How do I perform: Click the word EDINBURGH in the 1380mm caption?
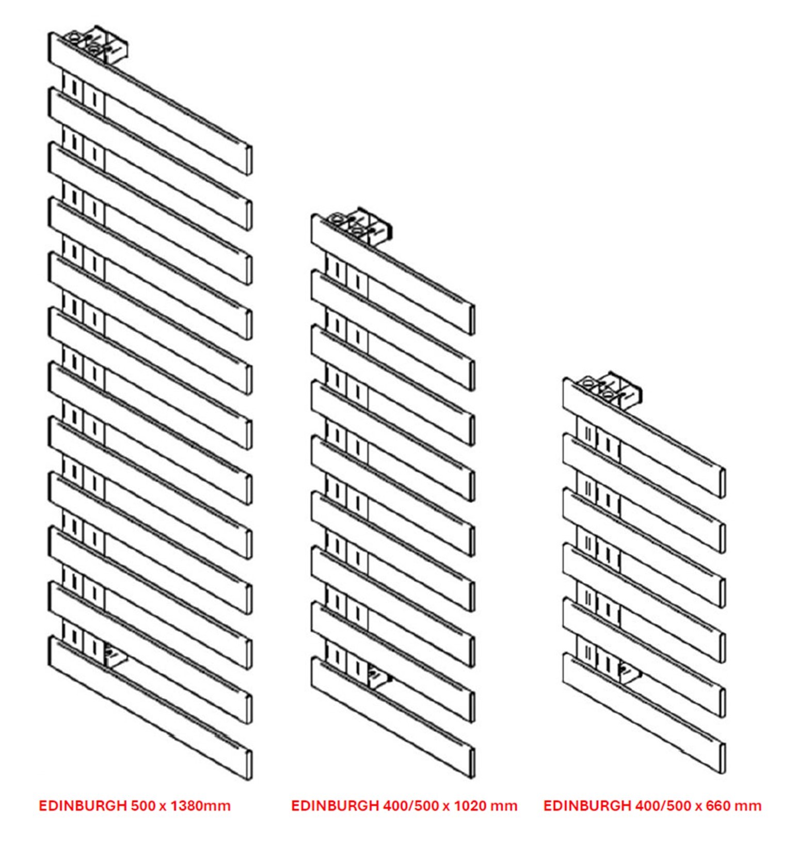coord(83,806)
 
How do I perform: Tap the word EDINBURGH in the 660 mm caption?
coord(587,806)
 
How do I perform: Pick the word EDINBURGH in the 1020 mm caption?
coord(335,806)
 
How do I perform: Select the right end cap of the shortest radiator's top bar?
coord(722,483)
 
